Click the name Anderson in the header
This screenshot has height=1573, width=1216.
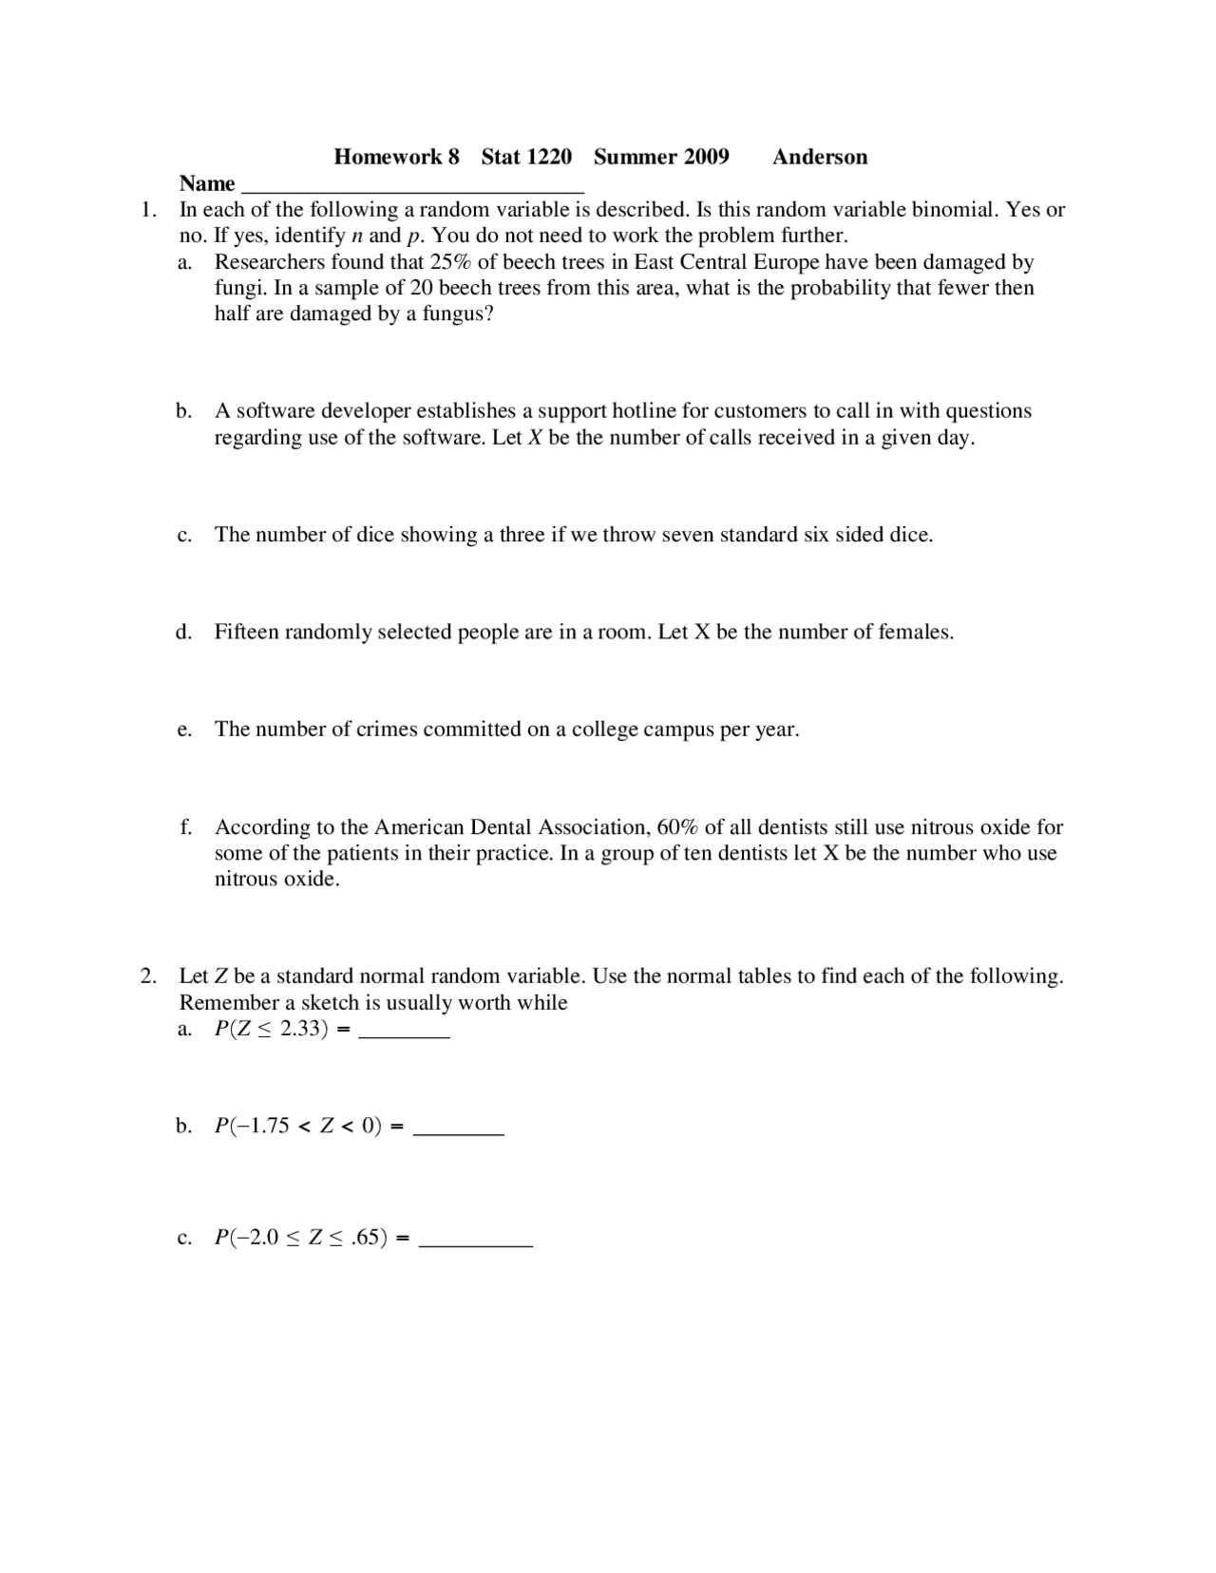pos(819,158)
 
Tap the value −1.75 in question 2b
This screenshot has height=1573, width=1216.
pos(257,1127)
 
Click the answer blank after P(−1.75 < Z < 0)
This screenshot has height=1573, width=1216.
pos(460,1131)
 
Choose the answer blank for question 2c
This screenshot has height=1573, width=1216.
pos(475,1241)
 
